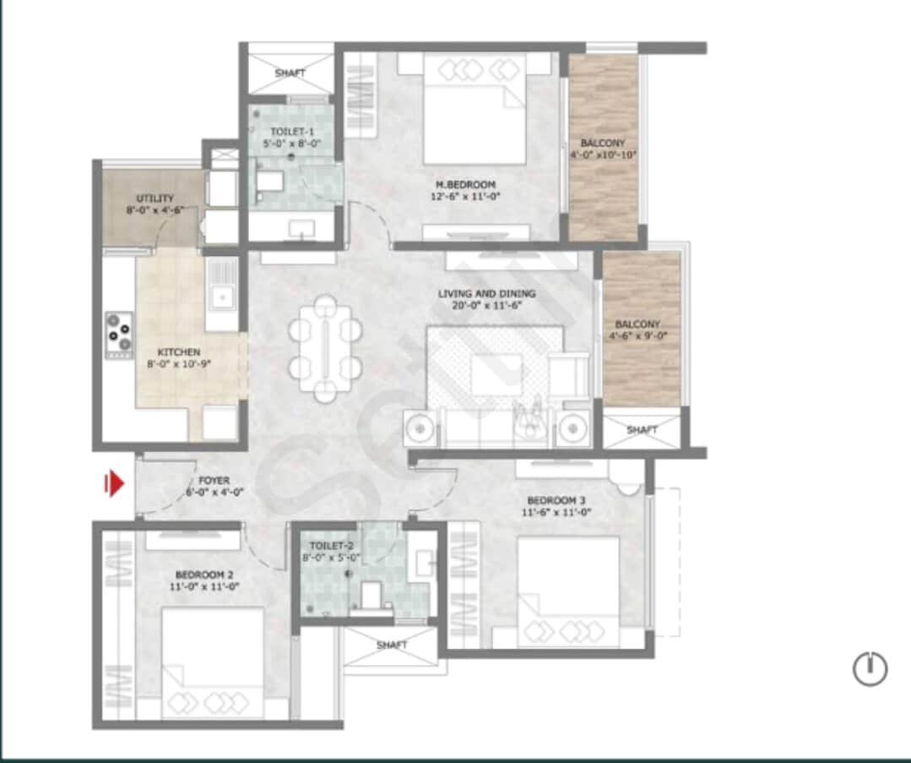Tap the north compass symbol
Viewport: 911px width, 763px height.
pyautogui.click(x=870, y=669)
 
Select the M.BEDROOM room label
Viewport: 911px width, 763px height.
pyautogui.click(x=465, y=184)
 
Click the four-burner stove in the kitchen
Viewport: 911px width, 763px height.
pyautogui.click(x=118, y=330)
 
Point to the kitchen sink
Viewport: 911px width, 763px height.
pyautogui.click(x=222, y=296)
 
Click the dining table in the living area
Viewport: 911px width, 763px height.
pyautogui.click(x=325, y=347)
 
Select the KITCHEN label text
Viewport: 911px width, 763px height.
pyautogui.click(x=179, y=352)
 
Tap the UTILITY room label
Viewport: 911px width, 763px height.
pyautogui.click(x=155, y=199)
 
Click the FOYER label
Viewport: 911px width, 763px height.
pyautogui.click(x=214, y=480)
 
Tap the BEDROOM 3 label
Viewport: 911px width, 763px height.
pyautogui.click(x=556, y=499)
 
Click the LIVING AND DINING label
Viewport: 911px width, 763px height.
pyautogui.click(x=486, y=294)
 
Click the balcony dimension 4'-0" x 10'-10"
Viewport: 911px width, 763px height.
pyautogui.click(x=603, y=155)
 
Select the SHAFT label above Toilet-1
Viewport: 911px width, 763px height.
pyautogui.click(x=290, y=74)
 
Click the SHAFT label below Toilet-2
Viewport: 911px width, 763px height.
pyautogui.click(x=391, y=645)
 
